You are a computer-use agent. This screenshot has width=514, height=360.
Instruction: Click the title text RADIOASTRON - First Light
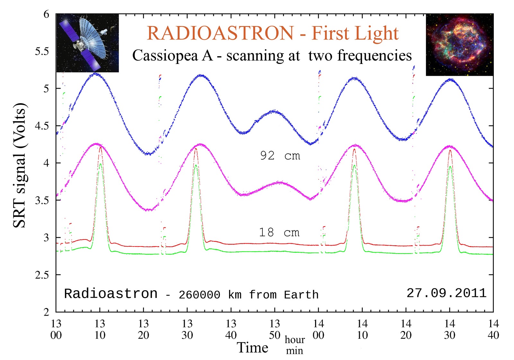272,33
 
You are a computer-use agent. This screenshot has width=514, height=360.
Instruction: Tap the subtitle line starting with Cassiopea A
272,56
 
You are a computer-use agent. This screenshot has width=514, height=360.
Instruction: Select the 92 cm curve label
280,156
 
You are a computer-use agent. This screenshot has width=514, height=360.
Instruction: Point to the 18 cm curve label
279,232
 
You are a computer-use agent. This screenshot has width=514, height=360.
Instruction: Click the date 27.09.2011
447,293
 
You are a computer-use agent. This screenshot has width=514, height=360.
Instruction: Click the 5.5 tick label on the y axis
42,51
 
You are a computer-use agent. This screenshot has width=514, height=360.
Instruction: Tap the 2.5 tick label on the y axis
42,275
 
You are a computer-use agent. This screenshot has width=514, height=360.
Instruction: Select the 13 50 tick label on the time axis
275,329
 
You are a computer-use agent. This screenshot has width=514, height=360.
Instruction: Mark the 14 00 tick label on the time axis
318,329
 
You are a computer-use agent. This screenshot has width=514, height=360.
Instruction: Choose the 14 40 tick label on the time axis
493,329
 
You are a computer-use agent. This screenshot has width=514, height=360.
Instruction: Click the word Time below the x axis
253,348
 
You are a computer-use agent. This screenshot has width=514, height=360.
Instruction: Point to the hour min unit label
295,345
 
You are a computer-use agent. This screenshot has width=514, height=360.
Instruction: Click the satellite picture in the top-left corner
87,43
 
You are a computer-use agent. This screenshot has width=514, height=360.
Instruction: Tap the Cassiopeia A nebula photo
459,45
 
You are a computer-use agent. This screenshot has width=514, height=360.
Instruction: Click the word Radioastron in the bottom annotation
111,294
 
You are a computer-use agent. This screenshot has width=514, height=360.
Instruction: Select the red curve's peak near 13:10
101,147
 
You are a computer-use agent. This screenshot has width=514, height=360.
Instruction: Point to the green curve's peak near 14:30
450,166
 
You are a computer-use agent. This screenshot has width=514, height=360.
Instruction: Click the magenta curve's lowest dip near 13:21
148,210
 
